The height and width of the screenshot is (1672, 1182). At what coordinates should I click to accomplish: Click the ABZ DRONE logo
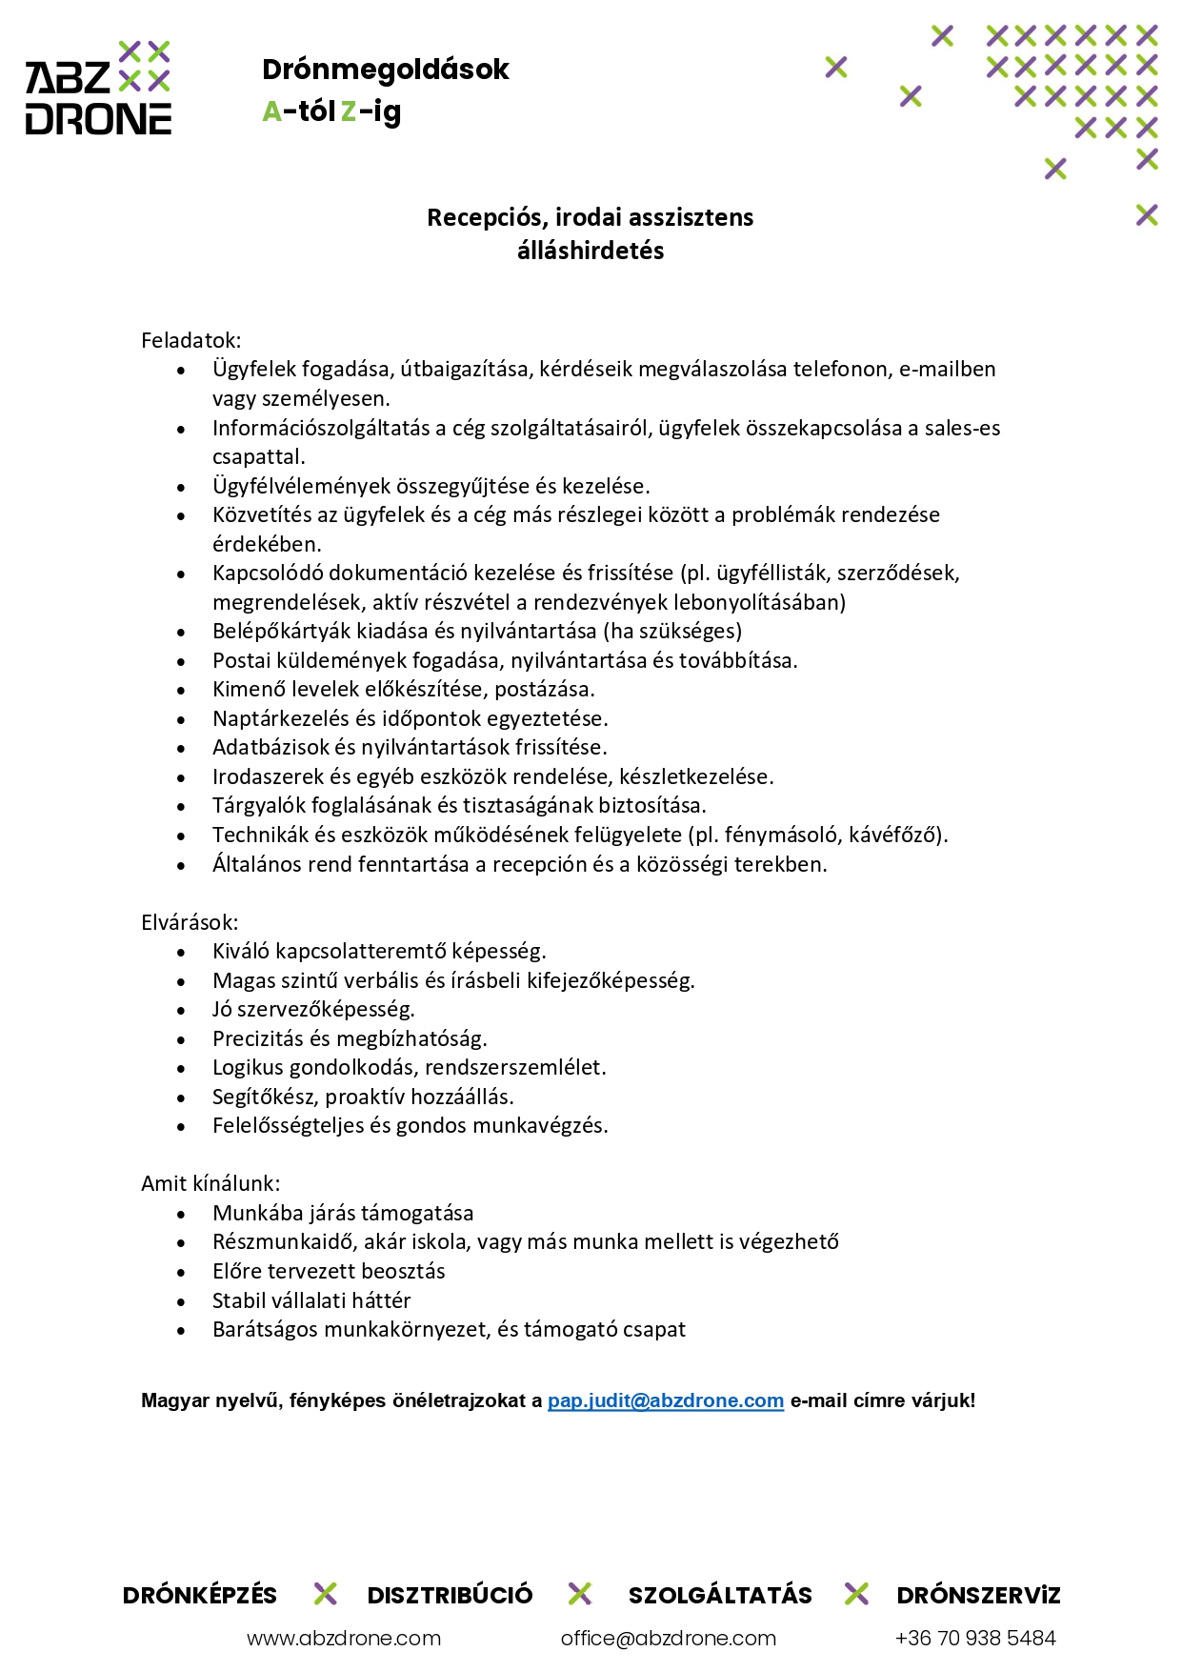(98, 88)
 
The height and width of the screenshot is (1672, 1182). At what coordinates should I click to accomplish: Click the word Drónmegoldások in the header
(385, 70)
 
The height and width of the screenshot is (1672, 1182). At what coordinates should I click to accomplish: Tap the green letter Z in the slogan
(349, 112)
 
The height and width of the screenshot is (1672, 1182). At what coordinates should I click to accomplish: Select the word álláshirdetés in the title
(591, 251)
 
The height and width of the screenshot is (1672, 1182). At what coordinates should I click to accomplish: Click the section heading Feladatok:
(190, 340)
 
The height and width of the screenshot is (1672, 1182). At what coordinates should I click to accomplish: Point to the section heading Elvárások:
(190, 922)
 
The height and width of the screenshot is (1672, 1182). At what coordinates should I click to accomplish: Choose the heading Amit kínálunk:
(210, 1183)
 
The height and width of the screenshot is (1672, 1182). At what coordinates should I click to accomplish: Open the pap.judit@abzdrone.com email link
(666, 1400)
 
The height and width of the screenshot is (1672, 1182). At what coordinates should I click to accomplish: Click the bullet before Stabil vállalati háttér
(181, 1301)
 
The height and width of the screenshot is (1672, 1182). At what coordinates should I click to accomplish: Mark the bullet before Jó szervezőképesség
(181, 1010)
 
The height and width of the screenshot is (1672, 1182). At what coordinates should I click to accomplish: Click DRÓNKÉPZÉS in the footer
(200, 1596)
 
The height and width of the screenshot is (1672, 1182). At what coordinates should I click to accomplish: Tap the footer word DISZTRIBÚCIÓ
(450, 1596)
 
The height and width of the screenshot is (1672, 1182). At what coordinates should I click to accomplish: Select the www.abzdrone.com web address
(344, 1639)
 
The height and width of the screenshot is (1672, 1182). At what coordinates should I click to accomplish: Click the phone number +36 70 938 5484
(975, 1639)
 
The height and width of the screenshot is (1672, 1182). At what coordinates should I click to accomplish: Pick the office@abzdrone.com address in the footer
(669, 1639)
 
